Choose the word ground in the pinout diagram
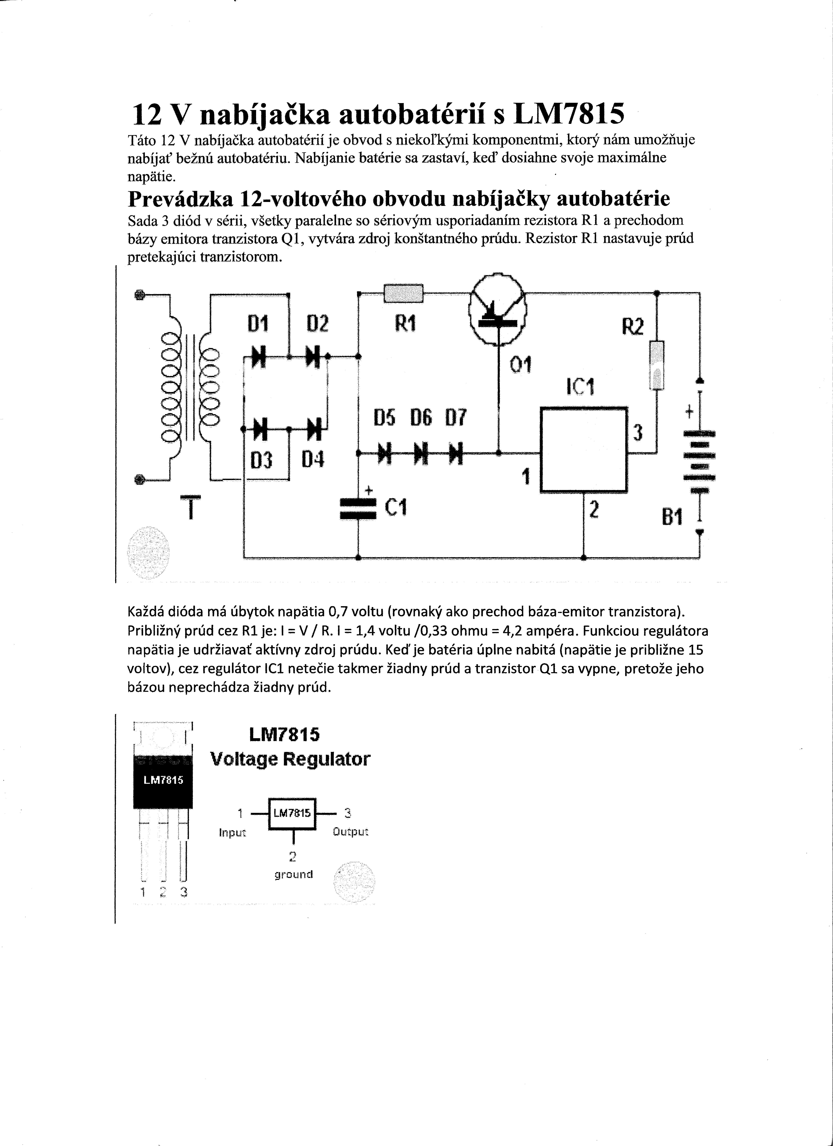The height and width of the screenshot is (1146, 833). (x=294, y=874)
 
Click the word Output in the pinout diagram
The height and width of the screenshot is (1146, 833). (x=351, y=832)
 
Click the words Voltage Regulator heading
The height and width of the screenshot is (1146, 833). (x=290, y=759)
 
